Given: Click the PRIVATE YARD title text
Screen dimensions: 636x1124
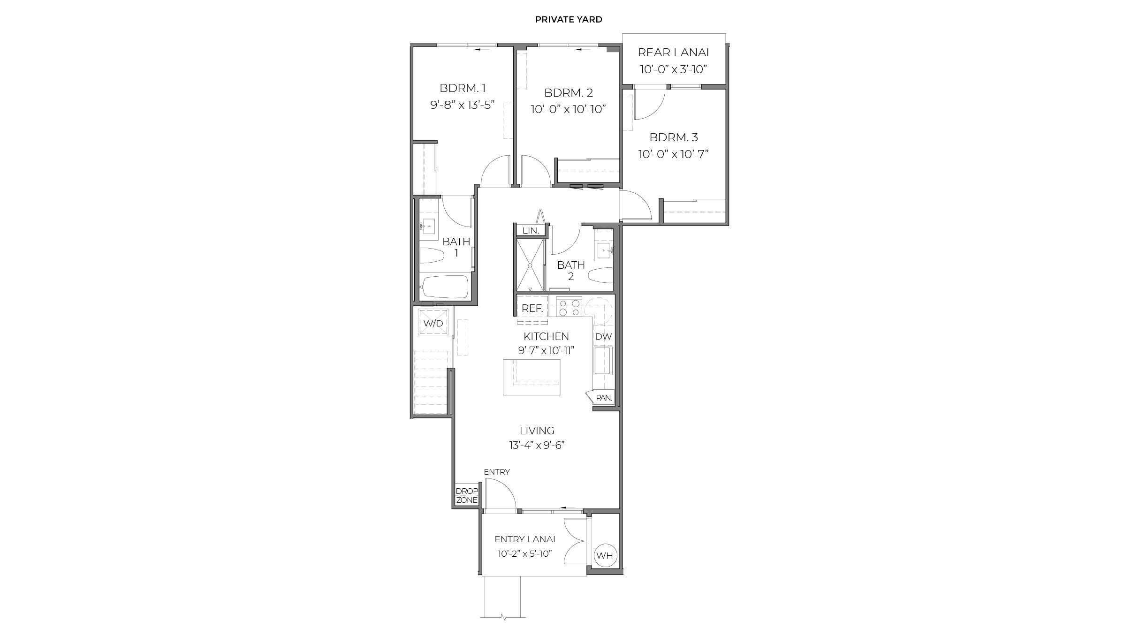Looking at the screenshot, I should (x=569, y=20).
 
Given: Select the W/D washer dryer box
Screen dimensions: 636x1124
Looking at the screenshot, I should (x=433, y=323).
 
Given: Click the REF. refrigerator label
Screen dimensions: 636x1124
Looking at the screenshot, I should (x=532, y=309).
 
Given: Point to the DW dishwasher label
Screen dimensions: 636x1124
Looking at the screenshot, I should (x=603, y=336).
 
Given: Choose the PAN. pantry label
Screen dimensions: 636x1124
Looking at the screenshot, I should (x=603, y=398).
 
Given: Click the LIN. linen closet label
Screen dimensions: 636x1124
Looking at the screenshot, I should (x=531, y=231).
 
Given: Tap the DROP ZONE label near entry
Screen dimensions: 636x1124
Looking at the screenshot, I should (x=466, y=496).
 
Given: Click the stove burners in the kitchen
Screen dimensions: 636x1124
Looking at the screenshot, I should (x=569, y=307).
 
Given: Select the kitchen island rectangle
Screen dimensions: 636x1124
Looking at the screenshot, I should (x=532, y=377).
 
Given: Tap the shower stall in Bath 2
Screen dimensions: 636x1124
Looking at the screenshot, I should (x=530, y=265).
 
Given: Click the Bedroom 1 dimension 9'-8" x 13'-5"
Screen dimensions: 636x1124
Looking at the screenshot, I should (x=463, y=105).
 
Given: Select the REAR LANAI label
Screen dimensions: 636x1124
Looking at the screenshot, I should (x=673, y=53).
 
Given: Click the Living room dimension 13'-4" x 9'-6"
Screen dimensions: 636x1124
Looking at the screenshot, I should (x=537, y=445).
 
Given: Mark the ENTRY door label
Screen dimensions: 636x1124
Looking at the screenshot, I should (x=497, y=472).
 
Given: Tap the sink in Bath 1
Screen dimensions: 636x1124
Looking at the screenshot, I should (x=99, y=227).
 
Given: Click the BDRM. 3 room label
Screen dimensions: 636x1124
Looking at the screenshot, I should (x=673, y=137).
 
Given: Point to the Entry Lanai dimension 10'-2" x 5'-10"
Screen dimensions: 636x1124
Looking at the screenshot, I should (x=524, y=554).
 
